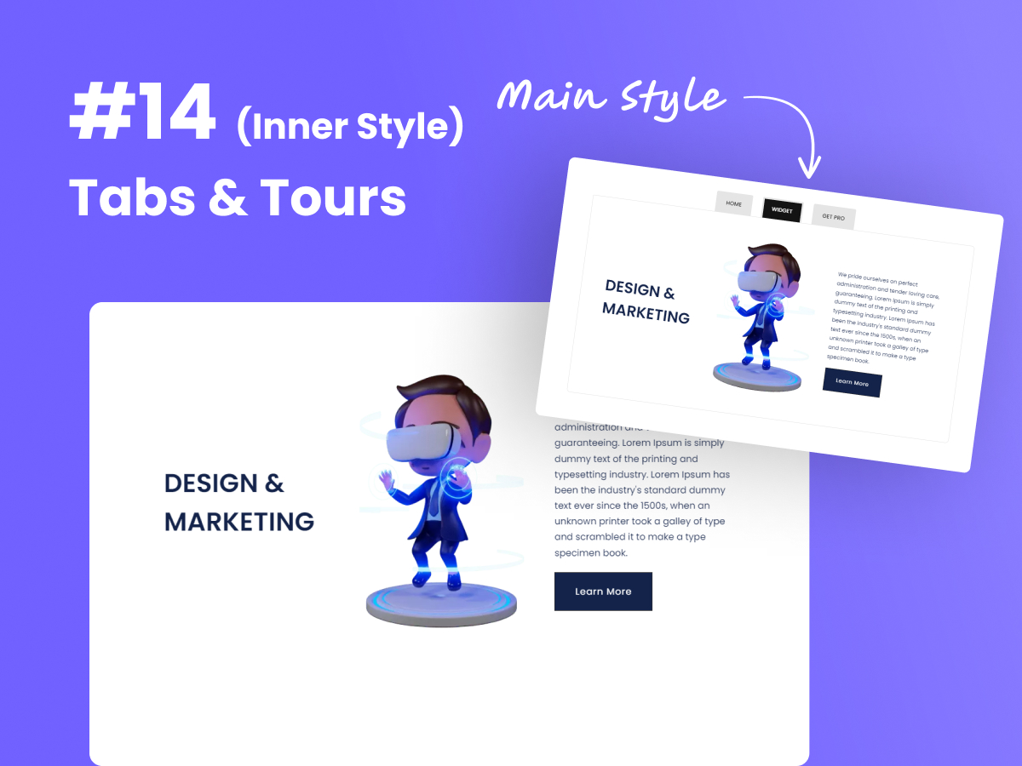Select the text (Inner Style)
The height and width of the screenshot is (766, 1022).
[349, 126]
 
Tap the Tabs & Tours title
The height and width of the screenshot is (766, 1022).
[237, 197]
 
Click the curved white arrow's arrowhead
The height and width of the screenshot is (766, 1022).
[810, 169]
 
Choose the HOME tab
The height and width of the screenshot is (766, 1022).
[734, 204]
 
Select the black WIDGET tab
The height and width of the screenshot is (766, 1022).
[782, 210]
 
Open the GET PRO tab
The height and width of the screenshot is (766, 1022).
[833, 217]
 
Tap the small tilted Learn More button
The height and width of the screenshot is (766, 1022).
[852, 383]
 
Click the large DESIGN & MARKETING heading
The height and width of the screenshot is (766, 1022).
[238, 502]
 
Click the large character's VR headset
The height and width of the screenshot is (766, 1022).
[422, 443]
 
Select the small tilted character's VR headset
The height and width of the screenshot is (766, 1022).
[758, 279]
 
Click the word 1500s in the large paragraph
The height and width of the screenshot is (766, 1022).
[663, 506]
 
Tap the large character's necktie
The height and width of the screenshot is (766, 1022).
[434, 502]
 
